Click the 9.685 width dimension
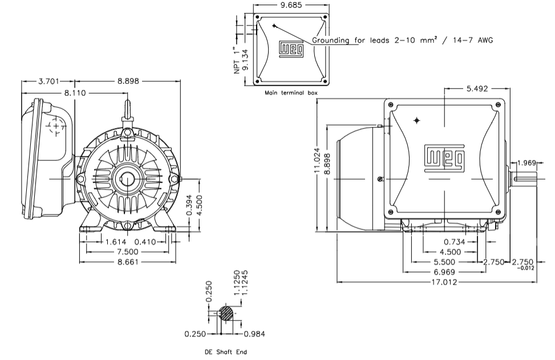coord(291,5)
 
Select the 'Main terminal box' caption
coord(291,92)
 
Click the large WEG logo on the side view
coord(444,158)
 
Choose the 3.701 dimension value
coord(48,81)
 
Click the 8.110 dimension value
coord(74,92)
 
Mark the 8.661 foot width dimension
coord(128,262)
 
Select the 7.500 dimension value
coord(128,252)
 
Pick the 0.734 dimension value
coord(455,241)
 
